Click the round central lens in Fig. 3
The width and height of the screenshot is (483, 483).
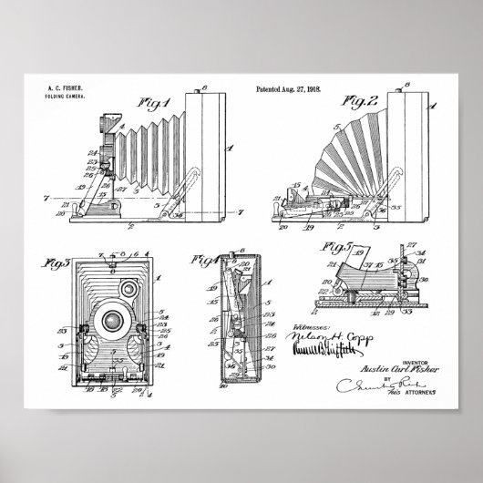point(114,321)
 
